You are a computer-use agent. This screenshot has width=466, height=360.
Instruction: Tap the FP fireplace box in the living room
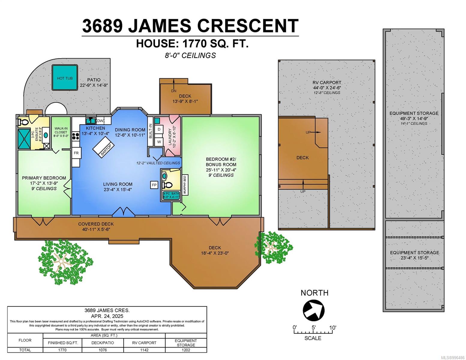(154, 185)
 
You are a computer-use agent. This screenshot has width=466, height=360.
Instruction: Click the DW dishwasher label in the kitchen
(100, 121)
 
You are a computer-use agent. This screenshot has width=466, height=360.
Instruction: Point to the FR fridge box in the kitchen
(76, 153)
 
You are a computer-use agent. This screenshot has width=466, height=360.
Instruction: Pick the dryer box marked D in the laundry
(159, 129)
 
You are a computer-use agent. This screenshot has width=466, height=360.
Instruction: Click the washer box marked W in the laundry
(159, 142)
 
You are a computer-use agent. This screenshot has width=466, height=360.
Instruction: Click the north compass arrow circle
(314, 310)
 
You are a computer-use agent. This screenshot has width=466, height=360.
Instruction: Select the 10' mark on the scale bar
(332, 328)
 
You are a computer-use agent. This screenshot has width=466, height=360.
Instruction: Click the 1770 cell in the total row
(62, 350)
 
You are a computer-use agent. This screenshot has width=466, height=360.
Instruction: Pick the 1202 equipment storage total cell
(186, 350)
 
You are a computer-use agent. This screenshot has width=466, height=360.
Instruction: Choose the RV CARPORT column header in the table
(144, 343)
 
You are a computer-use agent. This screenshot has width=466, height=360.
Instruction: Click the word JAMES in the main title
(159, 26)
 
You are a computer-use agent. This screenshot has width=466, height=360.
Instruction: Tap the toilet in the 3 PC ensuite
(24, 122)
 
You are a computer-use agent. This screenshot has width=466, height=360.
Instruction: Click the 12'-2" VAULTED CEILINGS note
(158, 163)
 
